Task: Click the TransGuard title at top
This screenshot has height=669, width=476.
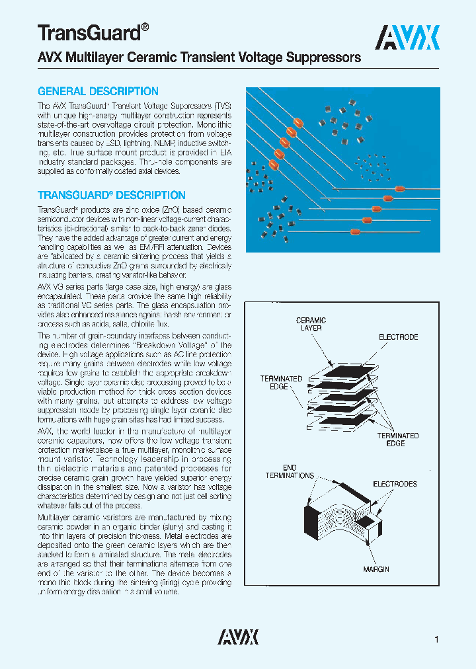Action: (x=87, y=32)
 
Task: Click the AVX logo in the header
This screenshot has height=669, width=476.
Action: (x=407, y=38)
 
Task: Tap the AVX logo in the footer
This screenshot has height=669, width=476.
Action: (x=238, y=637)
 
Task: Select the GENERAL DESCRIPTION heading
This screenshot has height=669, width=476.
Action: (x=98, y=92)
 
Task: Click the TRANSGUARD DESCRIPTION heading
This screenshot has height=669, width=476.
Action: (x=111, y=196)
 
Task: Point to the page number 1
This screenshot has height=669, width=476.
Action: (x=437, y=639)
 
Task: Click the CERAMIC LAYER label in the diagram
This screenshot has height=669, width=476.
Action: (x=311, y=324)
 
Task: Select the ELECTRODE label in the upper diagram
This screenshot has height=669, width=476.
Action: (x=398, y=337)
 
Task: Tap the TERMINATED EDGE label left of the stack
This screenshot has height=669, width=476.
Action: (x=281, y=382)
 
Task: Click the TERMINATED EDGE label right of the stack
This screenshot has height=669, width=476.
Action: (x=397, y=440)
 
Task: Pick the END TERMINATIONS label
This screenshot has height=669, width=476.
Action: (x=290, y=471)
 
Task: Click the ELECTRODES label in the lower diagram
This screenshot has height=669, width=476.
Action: (x=395, y=484)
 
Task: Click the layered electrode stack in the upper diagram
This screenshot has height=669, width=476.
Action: (x=344, y=390)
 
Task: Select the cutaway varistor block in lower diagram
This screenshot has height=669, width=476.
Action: (x=344, y=522)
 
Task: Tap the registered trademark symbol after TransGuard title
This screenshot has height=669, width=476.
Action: (x=145, y=27)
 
